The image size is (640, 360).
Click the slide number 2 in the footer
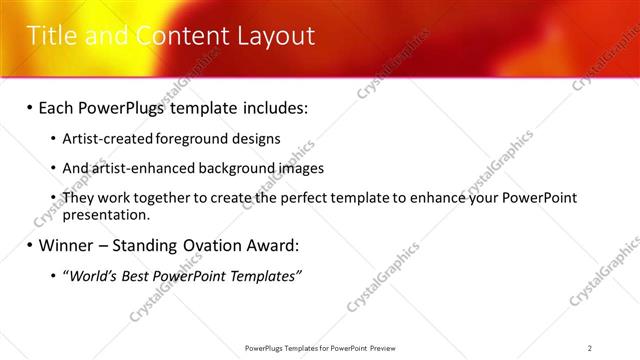590,348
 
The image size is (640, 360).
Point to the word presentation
106,214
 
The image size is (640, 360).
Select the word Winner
69,244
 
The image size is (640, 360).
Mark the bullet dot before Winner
29,244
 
